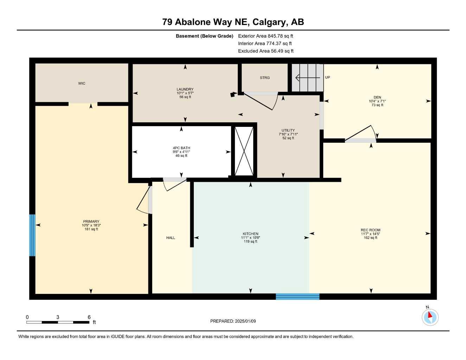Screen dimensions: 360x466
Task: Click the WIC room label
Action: (x=82, y=83)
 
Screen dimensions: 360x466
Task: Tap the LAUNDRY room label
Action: (x=185, y=89)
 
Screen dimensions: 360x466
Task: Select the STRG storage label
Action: (x=264, y=78)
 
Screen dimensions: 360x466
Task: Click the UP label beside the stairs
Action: (x=327, y=77)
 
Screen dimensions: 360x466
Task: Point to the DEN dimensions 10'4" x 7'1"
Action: (x=377, y=101)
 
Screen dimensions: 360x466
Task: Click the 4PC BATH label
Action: (x=181, y=148)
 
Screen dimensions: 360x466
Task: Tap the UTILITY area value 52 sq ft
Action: (x=288, y=138)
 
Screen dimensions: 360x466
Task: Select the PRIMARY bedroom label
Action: (x=91, y=221)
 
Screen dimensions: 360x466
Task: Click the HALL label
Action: (x=171, y=238)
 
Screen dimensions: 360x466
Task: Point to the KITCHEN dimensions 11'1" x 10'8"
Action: (x=250, y=238)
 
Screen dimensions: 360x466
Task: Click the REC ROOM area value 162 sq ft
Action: (x=370, y=238)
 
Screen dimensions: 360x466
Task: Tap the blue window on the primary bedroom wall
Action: (x=32, y=235)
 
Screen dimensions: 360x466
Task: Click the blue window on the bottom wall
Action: (x=298, y=296)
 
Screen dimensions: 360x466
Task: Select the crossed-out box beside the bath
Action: (x=244, y=151)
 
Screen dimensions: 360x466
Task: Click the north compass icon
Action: (x=430, y=317)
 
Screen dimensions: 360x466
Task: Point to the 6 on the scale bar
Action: (x=89, y=317)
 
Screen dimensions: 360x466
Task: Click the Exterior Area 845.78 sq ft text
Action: (x=266, y=36)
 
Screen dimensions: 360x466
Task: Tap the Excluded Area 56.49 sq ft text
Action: (x=266, y=51)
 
